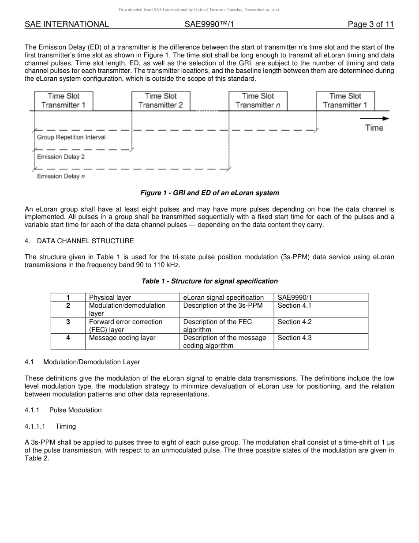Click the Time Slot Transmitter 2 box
pyautogui.click(x=161, y=101)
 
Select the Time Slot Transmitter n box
pyautogui.click(x=258, y=101)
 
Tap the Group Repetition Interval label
pyautogui.click(x=71, y=137)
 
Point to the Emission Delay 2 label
pyautogui.click(x=61, y=157)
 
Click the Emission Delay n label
pyautogui.click(x=61, y=176)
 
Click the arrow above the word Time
pyautogui.click(x=374, y=118)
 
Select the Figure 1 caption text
pyautogui.click(x=209, y=193)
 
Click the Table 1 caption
pyautogui.click(x=209, y=281)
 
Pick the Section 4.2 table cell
pyautogui.click(x=295, y=322)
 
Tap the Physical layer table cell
pyautogui.click(x=110, y=298)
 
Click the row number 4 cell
pyautogui.click(x=68, y=338)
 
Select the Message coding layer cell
pyautogui.click(x=122, y=338)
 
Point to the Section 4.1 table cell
pyautogui.click(x=295, y=305)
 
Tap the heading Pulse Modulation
pyautogui.click(x=75, y=410)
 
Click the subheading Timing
pyautogui.click(x=66, y=426)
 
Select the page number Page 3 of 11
pyautogui.click(x=370, y=24)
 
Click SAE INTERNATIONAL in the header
pyautogui.click(x=67, y=24)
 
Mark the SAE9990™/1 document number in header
pyautogui.click(x=209, y=24)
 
